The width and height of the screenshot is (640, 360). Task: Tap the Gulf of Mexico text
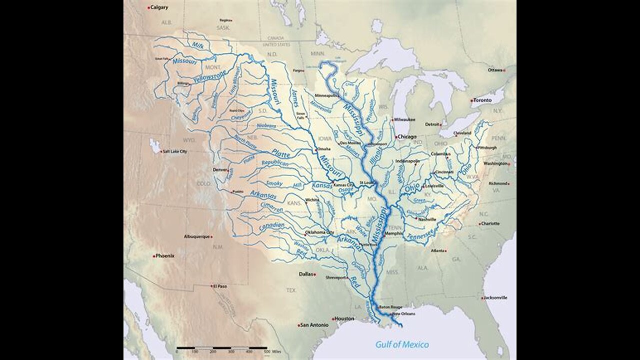click(x=402, y=344)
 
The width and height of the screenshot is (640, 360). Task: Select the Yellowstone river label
click(x=210, y=76)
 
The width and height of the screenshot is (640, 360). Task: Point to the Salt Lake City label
click(x=174, y=151)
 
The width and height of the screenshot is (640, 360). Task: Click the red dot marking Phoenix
click(x=154, y=255)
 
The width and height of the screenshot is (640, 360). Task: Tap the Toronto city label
click(x=482, y=100)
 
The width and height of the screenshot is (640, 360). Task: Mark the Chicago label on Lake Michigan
click(x=407, y=136)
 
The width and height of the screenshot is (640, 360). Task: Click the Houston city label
click(x=344, y=318)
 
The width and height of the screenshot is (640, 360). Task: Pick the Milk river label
click(x=198, y=45)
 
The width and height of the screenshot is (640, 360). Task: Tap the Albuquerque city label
click(x=196, y=236)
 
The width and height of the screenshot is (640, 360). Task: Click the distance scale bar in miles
click(x=221, y=347)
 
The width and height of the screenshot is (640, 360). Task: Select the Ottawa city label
click(x=495, y=70)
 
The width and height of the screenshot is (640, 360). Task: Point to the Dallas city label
click(x=305, y=274)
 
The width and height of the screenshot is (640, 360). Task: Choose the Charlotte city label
click(x=490, y=223)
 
